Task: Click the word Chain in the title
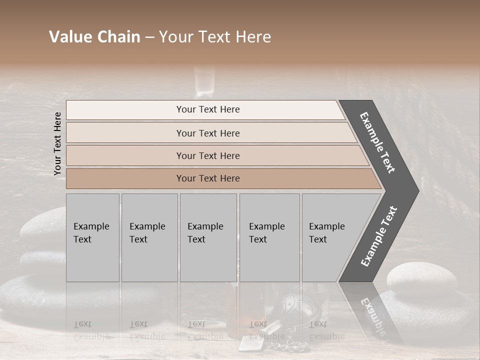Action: coord(119,37)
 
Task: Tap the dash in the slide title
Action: coord(149,37)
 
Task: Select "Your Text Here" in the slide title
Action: coord(215,37)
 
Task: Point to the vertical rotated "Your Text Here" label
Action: coord(57,143)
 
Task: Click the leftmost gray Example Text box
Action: coord(92,237)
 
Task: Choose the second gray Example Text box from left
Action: coord(149,237)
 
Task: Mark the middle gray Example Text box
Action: coord(208,237)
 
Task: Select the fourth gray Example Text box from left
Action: coord(269,237)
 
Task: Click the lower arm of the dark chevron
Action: coord(378,236)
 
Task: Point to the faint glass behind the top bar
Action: coord(205,80)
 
